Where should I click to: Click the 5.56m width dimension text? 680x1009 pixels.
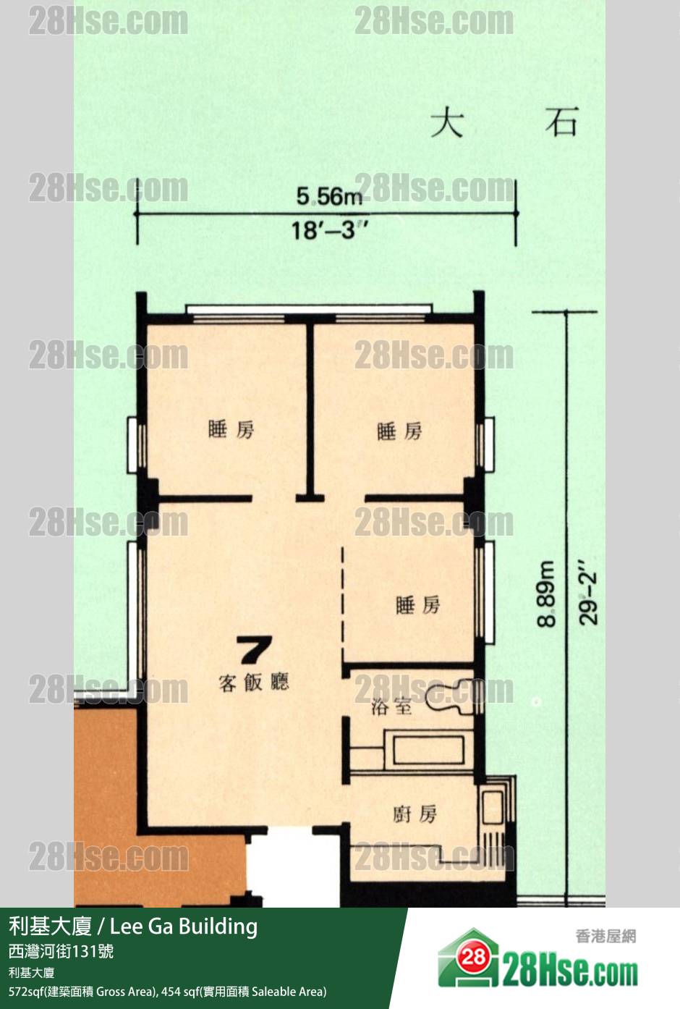click(x=329, y=198)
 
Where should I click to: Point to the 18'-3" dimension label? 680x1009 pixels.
click(x=329, y=230)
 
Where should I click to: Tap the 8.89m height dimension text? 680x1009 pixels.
click(x=546, y=594)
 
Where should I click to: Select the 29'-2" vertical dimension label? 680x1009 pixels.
click(x=587, y=592)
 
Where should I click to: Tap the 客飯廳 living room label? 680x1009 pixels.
click(x=253, y=683)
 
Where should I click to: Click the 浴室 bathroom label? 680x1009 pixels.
click(x=391, y=706)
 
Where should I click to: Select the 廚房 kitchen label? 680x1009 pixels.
click(x=415, y=814)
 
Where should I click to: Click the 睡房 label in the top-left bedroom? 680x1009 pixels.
click(x=231, y=429)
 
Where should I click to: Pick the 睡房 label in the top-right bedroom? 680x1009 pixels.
click(x=399, y=431)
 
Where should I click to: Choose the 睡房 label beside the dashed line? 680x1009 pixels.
click(x=417, y=605)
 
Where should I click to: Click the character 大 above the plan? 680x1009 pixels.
click(x=447, y=123)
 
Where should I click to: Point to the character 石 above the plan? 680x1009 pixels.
click(x=561, y=122)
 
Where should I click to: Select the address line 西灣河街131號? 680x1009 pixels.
click(x=61, y=951)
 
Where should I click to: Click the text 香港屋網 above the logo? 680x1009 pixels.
click(x=605, y=936)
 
